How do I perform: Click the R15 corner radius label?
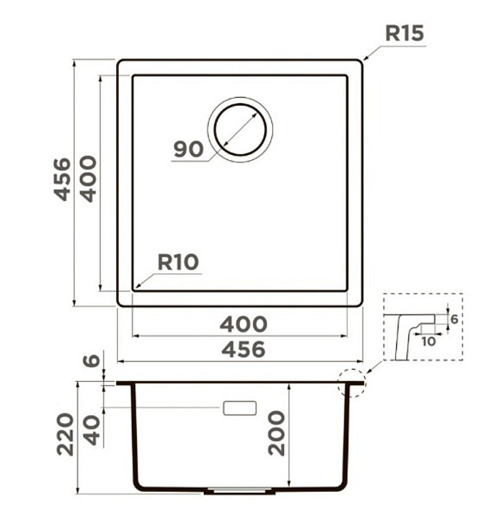[404, 34]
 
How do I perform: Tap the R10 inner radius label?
[178, 262]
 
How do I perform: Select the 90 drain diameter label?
[188, 149]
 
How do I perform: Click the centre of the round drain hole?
[240, 129]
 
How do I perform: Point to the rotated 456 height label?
[62, 180]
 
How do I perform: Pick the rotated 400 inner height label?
[89, 179]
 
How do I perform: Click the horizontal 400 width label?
[244, 324]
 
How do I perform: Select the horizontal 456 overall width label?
[244, 349]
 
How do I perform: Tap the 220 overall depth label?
[65, 434]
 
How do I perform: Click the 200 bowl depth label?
[276, 433]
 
